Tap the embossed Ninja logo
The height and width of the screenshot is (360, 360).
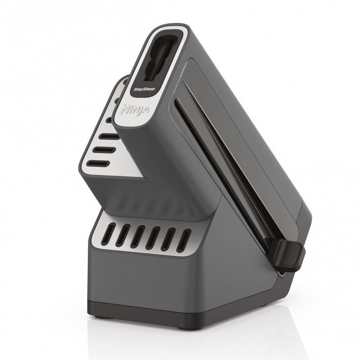[x=134, y=110]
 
